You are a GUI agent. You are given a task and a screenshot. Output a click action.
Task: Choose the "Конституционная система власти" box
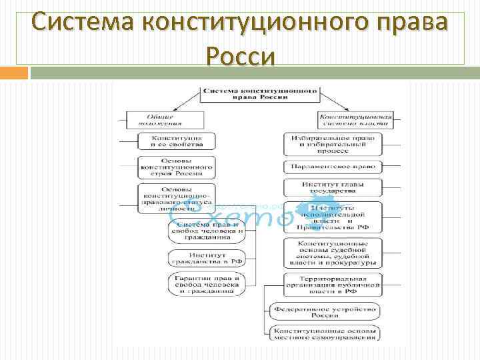click(x=354, y=119)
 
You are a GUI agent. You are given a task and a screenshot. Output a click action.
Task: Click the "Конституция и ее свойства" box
click(x=176, y=141)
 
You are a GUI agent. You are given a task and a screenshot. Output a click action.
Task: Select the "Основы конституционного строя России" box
click(x=176, y=167)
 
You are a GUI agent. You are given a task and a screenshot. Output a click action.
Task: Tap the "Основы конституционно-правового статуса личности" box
click(x=176, y=198)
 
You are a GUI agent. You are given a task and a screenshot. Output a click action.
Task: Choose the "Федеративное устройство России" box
click(x=324, y=311)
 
